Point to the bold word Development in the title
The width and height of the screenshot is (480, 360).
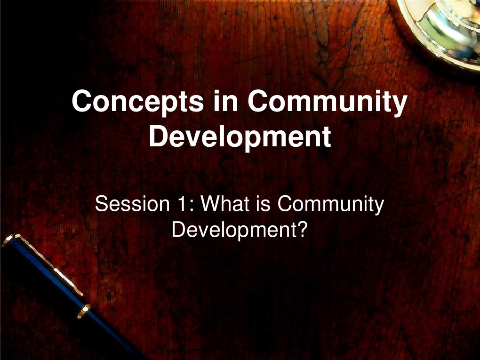pyautogui.click(x=240, y=136)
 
